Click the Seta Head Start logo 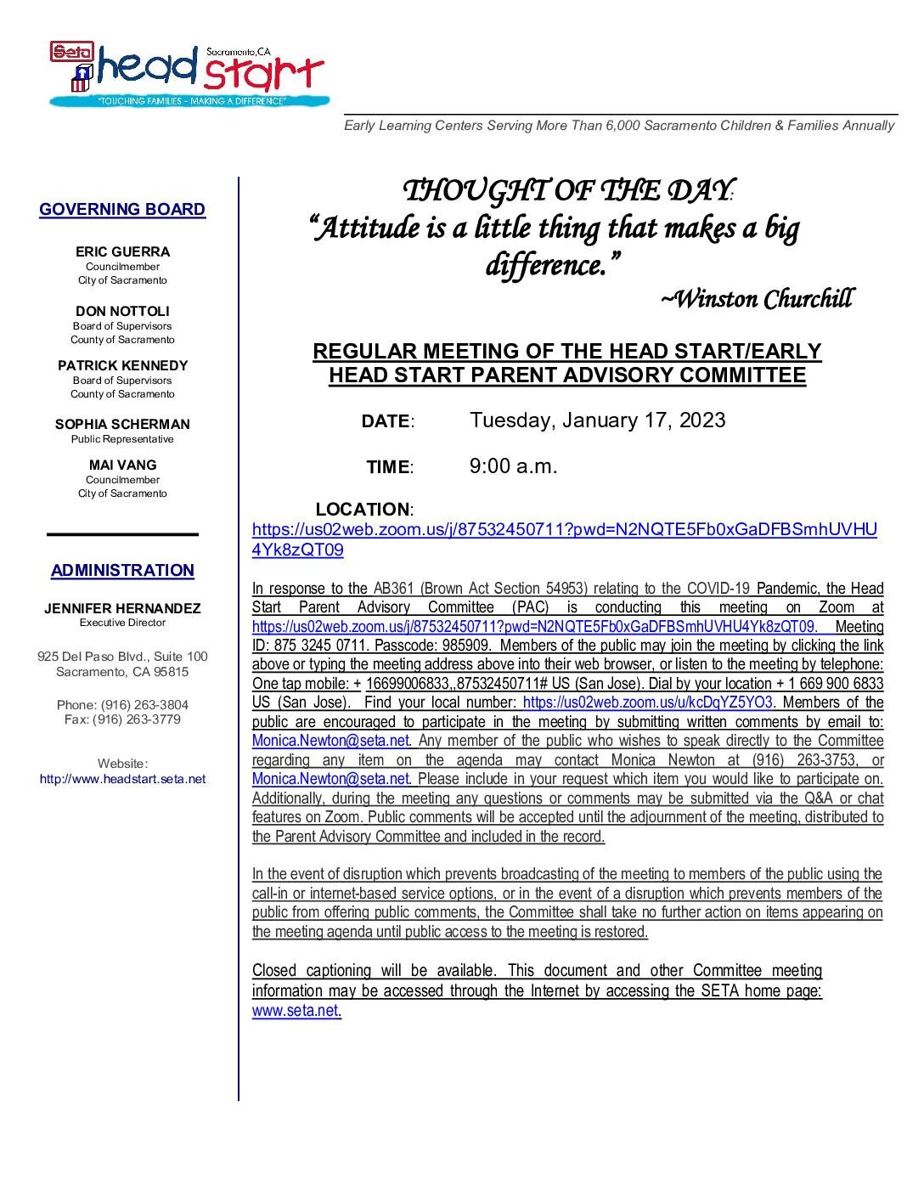pyautogui.click(x=187, y=75)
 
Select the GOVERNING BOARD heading pyautogui.click(x=122, y=209)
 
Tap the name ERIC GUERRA pyautogui.click(x=122, y=251)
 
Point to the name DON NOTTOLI pyautogui.click(x=122, y=311)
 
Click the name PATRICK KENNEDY pyautogui.click(x=122, y=365)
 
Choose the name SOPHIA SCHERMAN pyautogui.click(x=122, y=424)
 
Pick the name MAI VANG pyautogui.click(x=122, y=465)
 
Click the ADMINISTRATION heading pyautogui.click(x=122, y=570)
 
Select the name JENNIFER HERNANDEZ pyautogui.click(x=122, y=608)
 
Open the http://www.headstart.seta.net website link pyautogui.click(x=122, y=778)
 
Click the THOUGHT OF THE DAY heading pyautogui.click(x=566, y=190)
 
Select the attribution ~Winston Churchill pyautogui.click(x=756, y=298)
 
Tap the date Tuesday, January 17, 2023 pyautogui.click(x=598, y=420)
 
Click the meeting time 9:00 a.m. pyautogui.click(x=513, y=465)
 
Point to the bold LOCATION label pyautogui.click(x=363, y=510)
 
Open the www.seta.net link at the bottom pyautogui.click(x=296, y=1011)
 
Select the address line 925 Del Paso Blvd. pyautogui.click(x=122, y=657)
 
